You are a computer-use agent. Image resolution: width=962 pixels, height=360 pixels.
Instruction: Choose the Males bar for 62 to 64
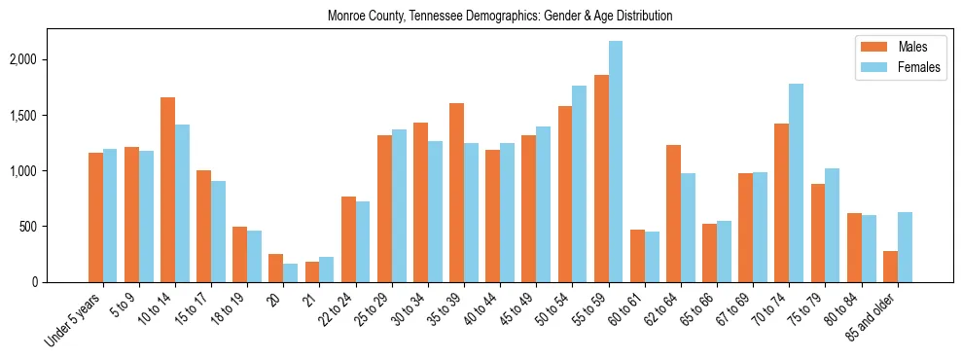[x=673, y=213]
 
